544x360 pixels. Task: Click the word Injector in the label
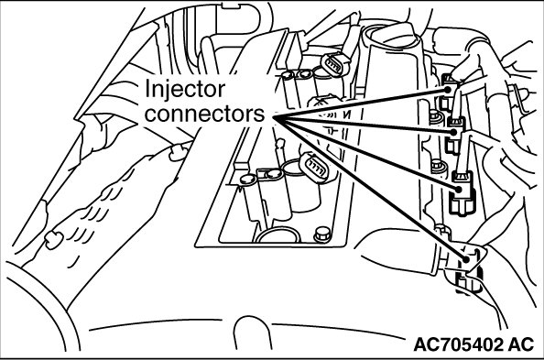click(185, 89)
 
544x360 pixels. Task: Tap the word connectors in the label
click(205, 114)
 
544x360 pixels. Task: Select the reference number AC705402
click(458, 344)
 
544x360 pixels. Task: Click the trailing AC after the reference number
click(521, 344)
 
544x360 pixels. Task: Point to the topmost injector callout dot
click(448, 90)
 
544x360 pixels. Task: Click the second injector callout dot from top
click(454, 132)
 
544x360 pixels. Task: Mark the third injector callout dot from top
click(459, 190)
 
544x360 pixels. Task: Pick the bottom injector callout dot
click(466, 258)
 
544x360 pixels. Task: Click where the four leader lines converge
click(274, 117)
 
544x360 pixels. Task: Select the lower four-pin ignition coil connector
click(314, 167)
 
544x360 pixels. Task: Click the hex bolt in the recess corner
click(322, 235)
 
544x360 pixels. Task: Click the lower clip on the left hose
click(54, 240)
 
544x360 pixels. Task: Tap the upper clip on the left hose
click(179, 152)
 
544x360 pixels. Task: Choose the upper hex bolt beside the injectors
click(435, 117)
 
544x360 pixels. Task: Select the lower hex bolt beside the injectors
click(437, 167)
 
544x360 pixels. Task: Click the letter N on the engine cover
click(346, 115)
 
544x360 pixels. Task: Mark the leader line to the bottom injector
click(370, 188)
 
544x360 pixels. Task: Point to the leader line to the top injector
click(361, 104)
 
